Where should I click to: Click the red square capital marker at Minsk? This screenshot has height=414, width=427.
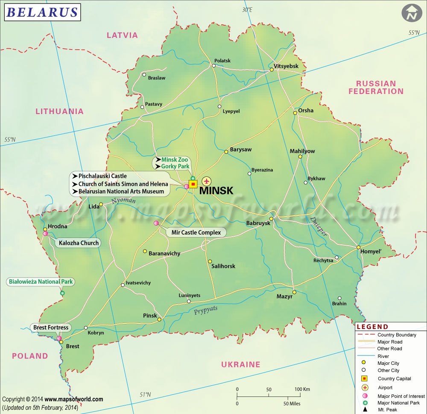coord(193,184)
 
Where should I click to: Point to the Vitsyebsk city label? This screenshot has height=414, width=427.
coord(286,66)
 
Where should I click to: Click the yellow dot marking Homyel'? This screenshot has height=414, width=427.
coord(359,247)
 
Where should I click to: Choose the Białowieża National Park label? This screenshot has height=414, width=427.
coord(41,282)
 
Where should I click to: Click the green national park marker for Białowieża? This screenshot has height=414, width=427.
coord(62,294)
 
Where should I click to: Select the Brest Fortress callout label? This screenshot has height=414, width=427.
coord(51,328)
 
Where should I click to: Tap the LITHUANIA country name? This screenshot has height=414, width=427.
coord(59,111)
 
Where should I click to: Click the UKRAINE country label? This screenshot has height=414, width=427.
coord(240,364)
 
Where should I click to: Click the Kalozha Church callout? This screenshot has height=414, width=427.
coord(77,243)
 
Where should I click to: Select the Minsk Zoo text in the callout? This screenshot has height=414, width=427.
coord(175,160)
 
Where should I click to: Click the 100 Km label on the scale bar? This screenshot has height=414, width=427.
coord(302,390)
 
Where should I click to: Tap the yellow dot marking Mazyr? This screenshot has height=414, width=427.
coord(294,292)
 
